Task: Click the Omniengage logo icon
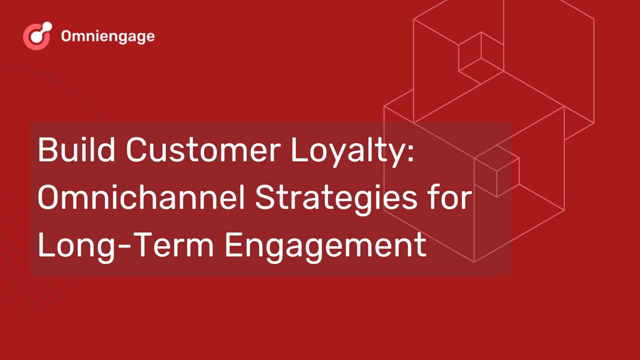click(x=37, y=36)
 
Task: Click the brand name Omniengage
click(x=108, y=36)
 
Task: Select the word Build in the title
click(x=76, y=149)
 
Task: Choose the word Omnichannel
click(x=141, y=197)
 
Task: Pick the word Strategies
click(x=336, y=200)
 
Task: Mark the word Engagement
click(x=326, y=248)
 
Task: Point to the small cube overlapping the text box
click(x=497, y=171)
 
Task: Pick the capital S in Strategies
click(x=264, y=197)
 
